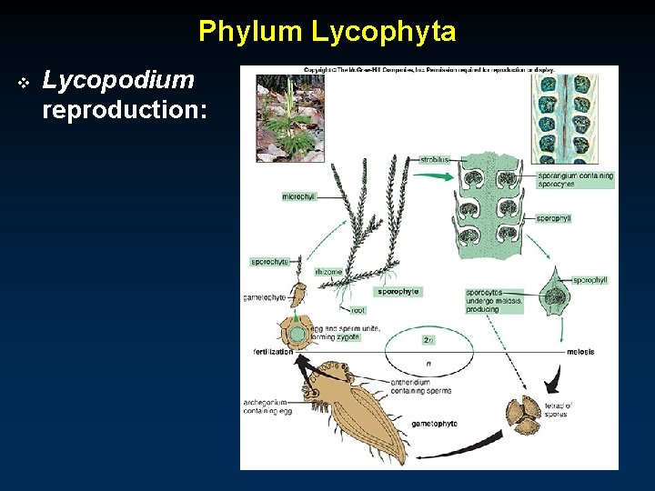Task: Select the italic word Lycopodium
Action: click(x=118, y=80)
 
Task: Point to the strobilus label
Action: click(x=435, y=159)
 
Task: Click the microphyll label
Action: click(x=298, y=196)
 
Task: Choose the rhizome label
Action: click(x=328, y=271)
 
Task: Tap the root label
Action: click(x=358, y=310)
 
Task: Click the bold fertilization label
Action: click(x=273, y=351)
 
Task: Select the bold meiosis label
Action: click(x=579, y=351)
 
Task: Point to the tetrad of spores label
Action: click(x=558, y=409)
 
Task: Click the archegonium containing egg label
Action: click(x=267, y=406)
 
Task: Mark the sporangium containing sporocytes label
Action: click(x=576, y=179)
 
